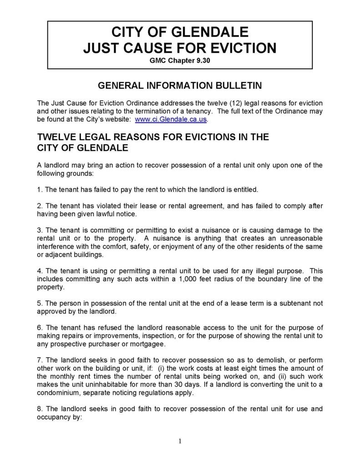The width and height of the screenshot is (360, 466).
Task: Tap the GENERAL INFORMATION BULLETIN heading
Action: click(180, 86)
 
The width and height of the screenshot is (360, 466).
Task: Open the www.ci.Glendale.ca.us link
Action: click(171, 119)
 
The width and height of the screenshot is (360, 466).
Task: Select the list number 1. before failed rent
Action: click(40, 188)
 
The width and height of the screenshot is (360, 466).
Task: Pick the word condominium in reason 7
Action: click(60, 393)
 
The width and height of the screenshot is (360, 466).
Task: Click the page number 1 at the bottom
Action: click(180, 441)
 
